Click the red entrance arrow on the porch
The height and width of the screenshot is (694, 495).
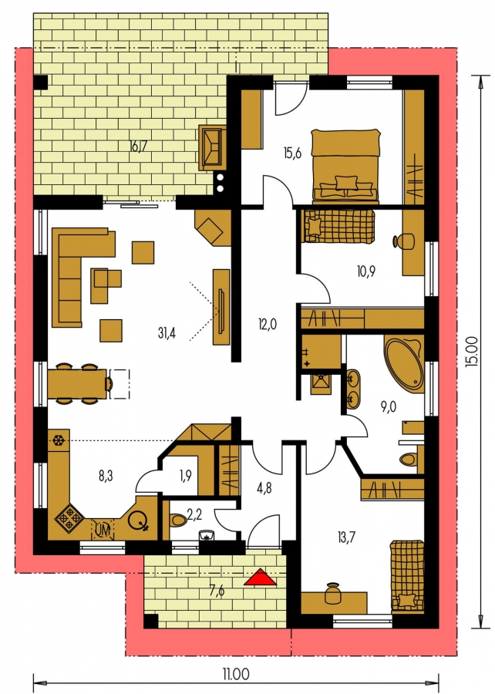coord(260,577)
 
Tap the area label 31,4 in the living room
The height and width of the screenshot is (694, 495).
coord(167,333)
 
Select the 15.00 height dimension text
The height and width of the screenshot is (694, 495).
coord(472,352)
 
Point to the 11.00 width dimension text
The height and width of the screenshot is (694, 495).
coord(236,675)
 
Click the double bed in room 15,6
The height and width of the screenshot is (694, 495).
coord(345,166)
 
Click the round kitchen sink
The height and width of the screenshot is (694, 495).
coord(137,520)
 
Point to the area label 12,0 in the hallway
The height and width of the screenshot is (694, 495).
coord(268,325)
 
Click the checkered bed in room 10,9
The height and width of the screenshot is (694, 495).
coord(338,226)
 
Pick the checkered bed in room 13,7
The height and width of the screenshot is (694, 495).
coord(406,575)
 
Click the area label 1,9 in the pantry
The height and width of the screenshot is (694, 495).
coord(186,476)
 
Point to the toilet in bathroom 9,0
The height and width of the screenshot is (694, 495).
coord(409,460)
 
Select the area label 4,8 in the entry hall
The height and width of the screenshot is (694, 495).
coord(264,488)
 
